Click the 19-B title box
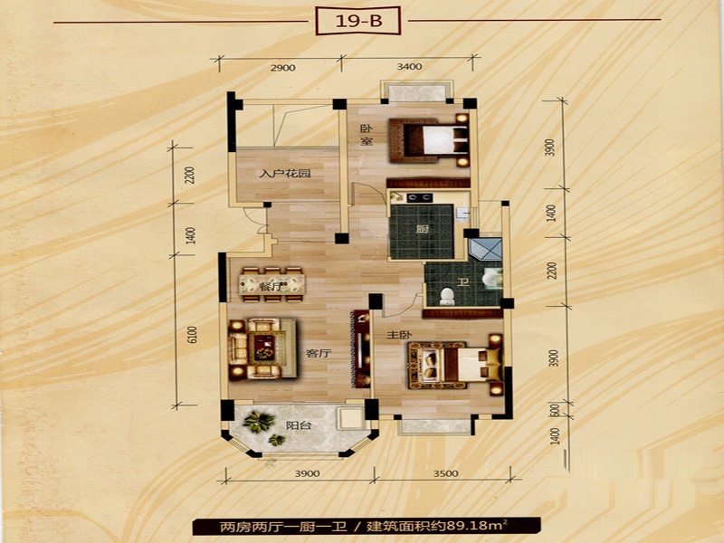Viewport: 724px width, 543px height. pyautogui.click(x=357, y=21)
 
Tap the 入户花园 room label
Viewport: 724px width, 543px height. pyautogui.click(x=285, y=174)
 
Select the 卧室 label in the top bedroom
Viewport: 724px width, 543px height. pyautogui.click(x=367, y=135)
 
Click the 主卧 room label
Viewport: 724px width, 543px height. pyautogui.click(x=399, y=335)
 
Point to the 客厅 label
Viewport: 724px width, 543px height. pyautogui.click(x=319, y=354)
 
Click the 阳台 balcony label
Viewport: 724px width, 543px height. pyautogui.click(x=299, y=425)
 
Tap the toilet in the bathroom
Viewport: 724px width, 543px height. pyautogui.click(x=447, y=296)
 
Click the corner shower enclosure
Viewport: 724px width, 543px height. pyautogui.click(x=485, y=250)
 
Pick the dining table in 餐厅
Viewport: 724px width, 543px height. pyautogui.click(x=272, y=285)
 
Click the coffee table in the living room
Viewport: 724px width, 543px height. pyautogui.click(x=264, y=348)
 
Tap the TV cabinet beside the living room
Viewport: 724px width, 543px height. pyautogui.click(x=361, y=349)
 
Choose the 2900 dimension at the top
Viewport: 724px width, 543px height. pyautogui.click(x=282, y=68)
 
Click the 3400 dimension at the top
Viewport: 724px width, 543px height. pyautogui.click(x=409, y=66)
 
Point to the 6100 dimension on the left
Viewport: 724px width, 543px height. pyautogui.click(x=193, y=335)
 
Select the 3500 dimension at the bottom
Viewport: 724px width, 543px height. pyautogui.click(x=445, y=473)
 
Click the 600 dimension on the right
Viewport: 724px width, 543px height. pyautogui.click(x=556, y=410)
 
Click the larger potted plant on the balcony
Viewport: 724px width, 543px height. pyautogui.click(x=259, y=421)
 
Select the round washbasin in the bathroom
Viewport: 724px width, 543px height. pyautogui.click(x=490, y=280)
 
